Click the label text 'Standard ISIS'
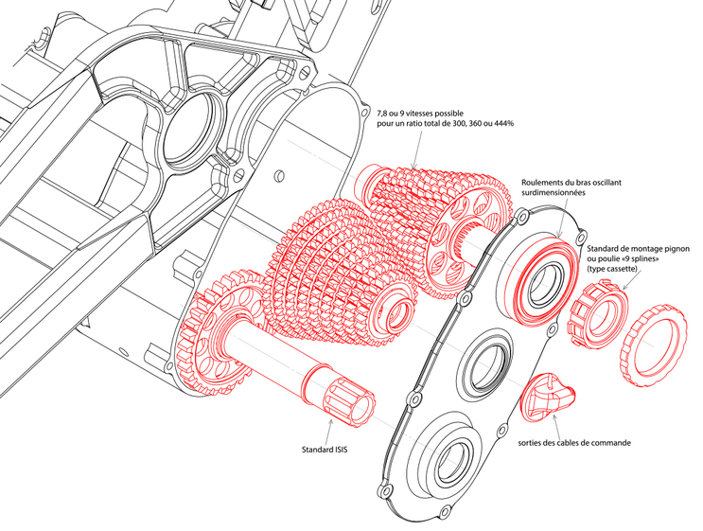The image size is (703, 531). click(325, 449)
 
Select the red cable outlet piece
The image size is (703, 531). click(548, 398)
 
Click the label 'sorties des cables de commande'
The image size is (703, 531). click(574, 443)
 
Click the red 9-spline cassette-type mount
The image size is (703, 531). click(598, 312)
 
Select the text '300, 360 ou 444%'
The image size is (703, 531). click(481, 124)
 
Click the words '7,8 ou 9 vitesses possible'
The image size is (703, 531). click(420, 114)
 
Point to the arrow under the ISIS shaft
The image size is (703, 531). click(330, 431)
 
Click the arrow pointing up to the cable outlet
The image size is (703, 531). click(557, 425)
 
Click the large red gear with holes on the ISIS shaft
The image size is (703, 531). click(215, 332)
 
